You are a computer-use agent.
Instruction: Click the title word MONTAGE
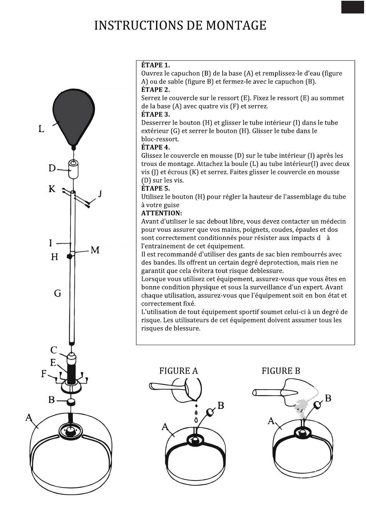click(x=236, y=25)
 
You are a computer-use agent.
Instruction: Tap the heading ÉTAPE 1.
click(x=155, y=65)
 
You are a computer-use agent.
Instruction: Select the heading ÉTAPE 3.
click(x=155, y=114)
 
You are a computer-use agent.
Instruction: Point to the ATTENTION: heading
click(x=161, y=213)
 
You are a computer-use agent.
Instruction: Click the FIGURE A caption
click(x=178, y=371)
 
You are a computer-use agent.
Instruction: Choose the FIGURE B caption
click(x=280, y=371)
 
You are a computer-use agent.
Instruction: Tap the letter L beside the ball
click(x=41, y=129)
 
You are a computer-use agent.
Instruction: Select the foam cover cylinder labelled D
click(x=73, y=169)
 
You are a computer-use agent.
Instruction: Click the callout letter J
click(x=100, y=193)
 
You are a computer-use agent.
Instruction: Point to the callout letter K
click(x=52, y=189)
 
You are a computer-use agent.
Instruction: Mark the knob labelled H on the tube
click(x=70, y=256)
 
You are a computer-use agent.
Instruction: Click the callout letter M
click(x=95, y=251)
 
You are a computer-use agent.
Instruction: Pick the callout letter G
click(x=57, y=294)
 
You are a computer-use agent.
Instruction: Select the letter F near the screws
click(x=44, y=374)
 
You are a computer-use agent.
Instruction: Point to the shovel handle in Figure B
click(x=270, y=393)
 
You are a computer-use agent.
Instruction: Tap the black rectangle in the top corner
click(x=352, y=7)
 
